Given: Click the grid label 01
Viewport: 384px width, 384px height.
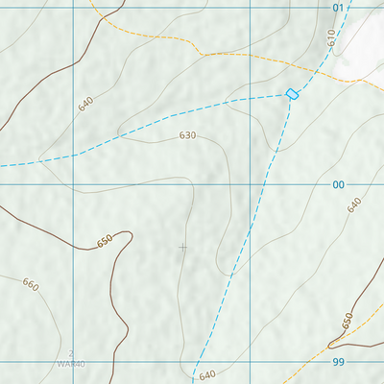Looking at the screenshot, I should (x=338, y=8).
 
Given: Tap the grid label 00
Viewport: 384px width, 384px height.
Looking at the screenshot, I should (x=338, y=184).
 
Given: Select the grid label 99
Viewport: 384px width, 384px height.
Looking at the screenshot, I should (x=338, y=362).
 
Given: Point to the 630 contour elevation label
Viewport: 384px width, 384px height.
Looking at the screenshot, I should (x=187, y=135).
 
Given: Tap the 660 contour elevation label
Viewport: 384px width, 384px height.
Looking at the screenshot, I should (x=31, y=285).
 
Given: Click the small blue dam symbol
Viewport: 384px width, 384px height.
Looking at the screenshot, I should (x=293, y=93).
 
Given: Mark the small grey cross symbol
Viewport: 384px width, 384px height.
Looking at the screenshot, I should (x=182, y=248).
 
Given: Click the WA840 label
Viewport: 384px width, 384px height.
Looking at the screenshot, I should (x=71, y=365).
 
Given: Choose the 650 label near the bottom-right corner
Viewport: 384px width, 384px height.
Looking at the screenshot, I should (x=348, y=320).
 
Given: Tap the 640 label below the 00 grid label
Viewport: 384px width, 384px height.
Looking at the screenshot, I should (x=354, y=204).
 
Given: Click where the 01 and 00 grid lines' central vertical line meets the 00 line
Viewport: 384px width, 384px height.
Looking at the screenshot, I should (x=250, y=184).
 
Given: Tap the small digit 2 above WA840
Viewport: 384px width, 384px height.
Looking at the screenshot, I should (x=71, y=354).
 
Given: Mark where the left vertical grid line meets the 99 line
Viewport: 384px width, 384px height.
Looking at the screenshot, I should (x=74, y=362).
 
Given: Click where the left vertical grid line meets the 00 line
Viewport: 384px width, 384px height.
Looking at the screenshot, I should (x=74, y=184).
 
